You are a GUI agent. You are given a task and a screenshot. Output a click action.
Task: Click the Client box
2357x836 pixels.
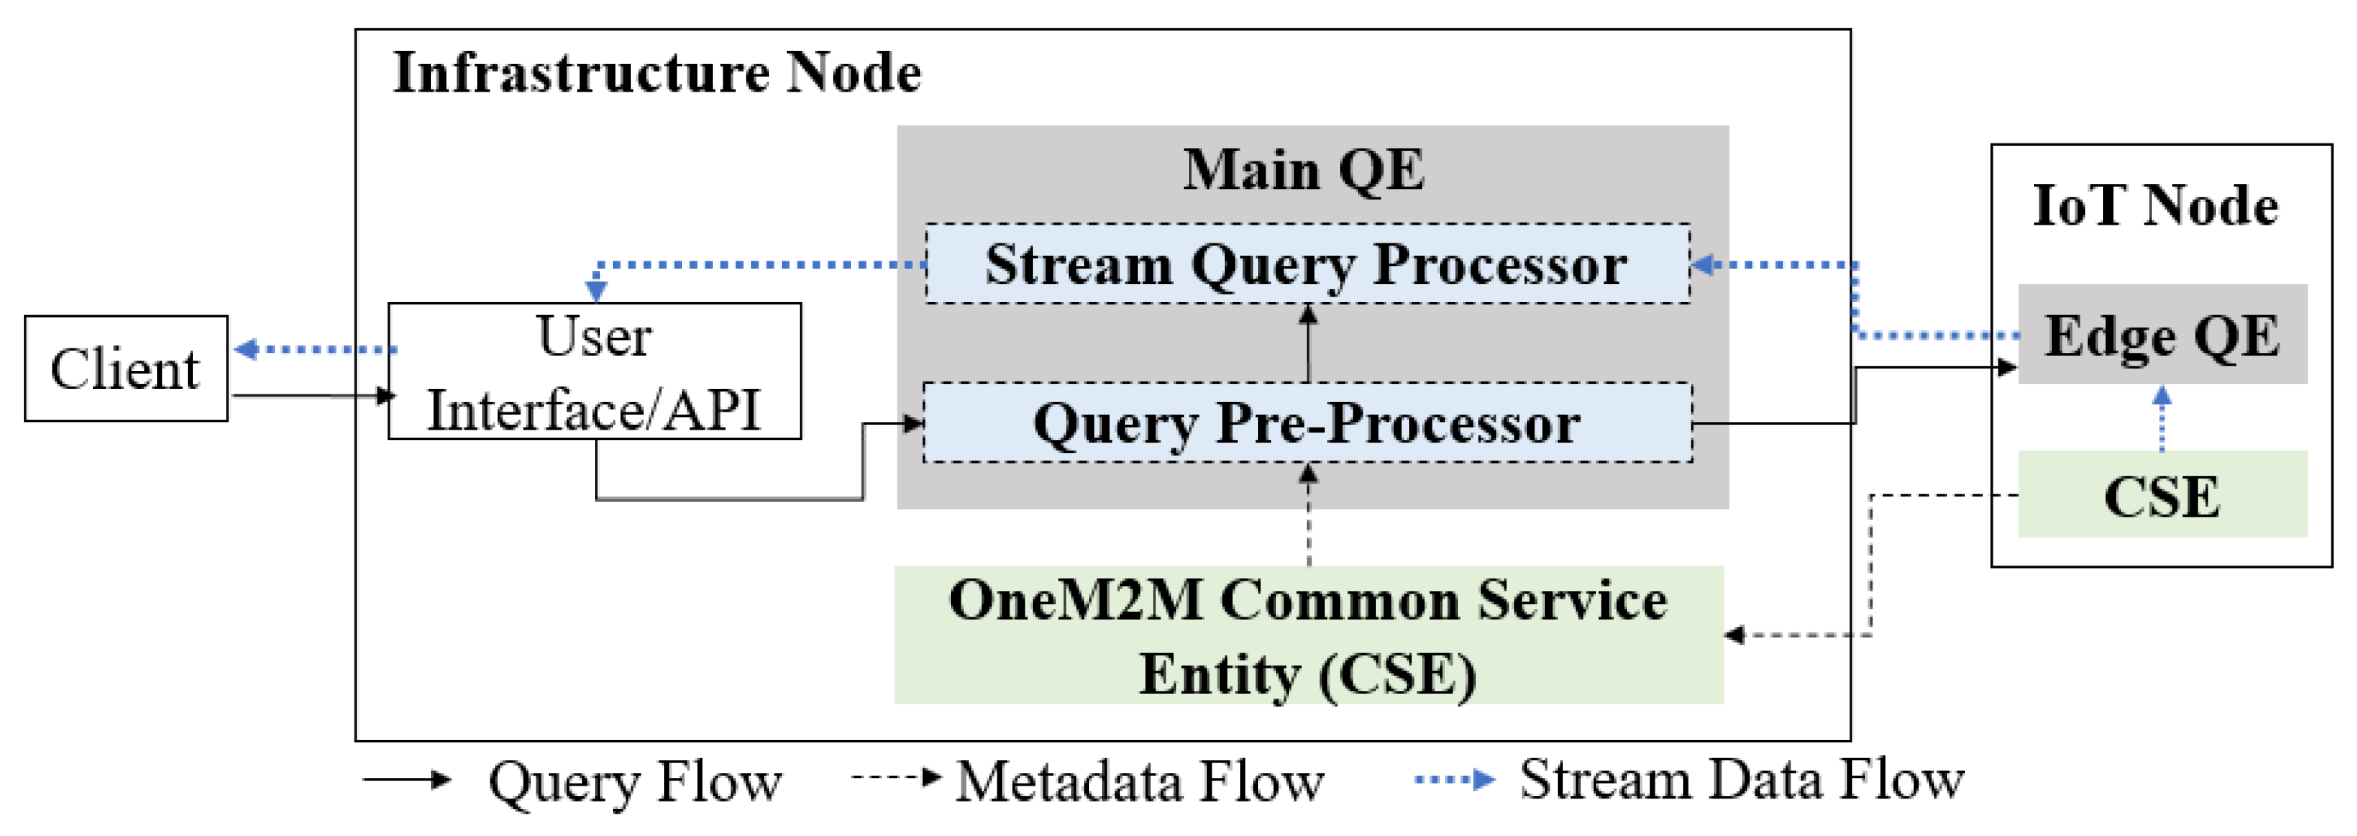tap(126, 369)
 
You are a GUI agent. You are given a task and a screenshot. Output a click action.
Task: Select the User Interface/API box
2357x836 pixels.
tap(595, 371)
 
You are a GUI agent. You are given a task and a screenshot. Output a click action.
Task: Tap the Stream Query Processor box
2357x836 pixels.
tap(1307, 264)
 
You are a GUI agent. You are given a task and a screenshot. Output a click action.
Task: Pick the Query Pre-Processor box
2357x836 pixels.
tap(1307, 423)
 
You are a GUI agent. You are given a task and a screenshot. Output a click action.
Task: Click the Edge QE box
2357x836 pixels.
tap(2162, 335)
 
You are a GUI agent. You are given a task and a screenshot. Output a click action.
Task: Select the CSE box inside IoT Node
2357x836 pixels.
tap(2162, 495)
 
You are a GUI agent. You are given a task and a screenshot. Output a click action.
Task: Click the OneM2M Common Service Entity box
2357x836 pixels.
tap(1308, 635)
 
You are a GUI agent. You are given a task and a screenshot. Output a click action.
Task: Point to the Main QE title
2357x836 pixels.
tap(1304, 170)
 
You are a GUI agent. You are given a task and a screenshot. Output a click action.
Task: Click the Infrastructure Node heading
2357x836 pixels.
tap(657, 73)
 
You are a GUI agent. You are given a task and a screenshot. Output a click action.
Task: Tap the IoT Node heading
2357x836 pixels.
tap(2156, 205)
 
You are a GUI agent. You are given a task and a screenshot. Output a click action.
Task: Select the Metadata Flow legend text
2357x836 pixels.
tap(1140, 781)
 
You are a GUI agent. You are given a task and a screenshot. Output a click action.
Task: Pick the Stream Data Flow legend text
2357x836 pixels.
tap(1741, 780)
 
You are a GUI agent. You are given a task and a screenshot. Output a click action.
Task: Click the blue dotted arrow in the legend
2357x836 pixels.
tap(1454, 780)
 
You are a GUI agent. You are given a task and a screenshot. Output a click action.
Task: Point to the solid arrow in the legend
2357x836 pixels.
tap(407, 780)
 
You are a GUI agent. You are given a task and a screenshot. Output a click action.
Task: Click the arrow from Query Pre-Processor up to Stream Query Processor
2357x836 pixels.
tap(1308, 344)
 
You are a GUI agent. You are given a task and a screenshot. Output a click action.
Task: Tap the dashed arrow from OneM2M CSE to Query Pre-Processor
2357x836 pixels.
tap(1308, 516)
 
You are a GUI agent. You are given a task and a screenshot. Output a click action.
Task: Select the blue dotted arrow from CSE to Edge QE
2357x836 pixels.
tap(2162, 419)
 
